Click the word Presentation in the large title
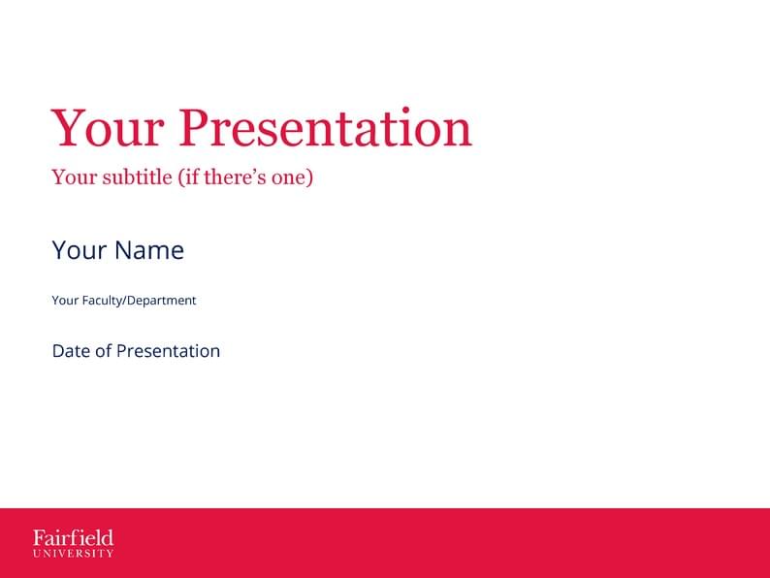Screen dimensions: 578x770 pos(326,129)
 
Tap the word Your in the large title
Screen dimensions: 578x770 pos(108,129)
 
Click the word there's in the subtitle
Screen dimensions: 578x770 pos(232,177)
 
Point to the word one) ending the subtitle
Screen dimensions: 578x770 pos(292,177)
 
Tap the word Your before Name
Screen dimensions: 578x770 pos(79,250)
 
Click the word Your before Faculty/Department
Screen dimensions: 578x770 pos(65,301)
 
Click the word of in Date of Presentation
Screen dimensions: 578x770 pos(104,351)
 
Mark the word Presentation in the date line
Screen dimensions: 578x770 pos(168,351)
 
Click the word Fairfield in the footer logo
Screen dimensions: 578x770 pos(73,537)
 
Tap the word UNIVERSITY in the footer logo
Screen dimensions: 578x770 pos(73,554)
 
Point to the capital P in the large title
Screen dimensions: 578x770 pos(197,129)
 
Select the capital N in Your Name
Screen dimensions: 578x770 pos(123,250)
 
